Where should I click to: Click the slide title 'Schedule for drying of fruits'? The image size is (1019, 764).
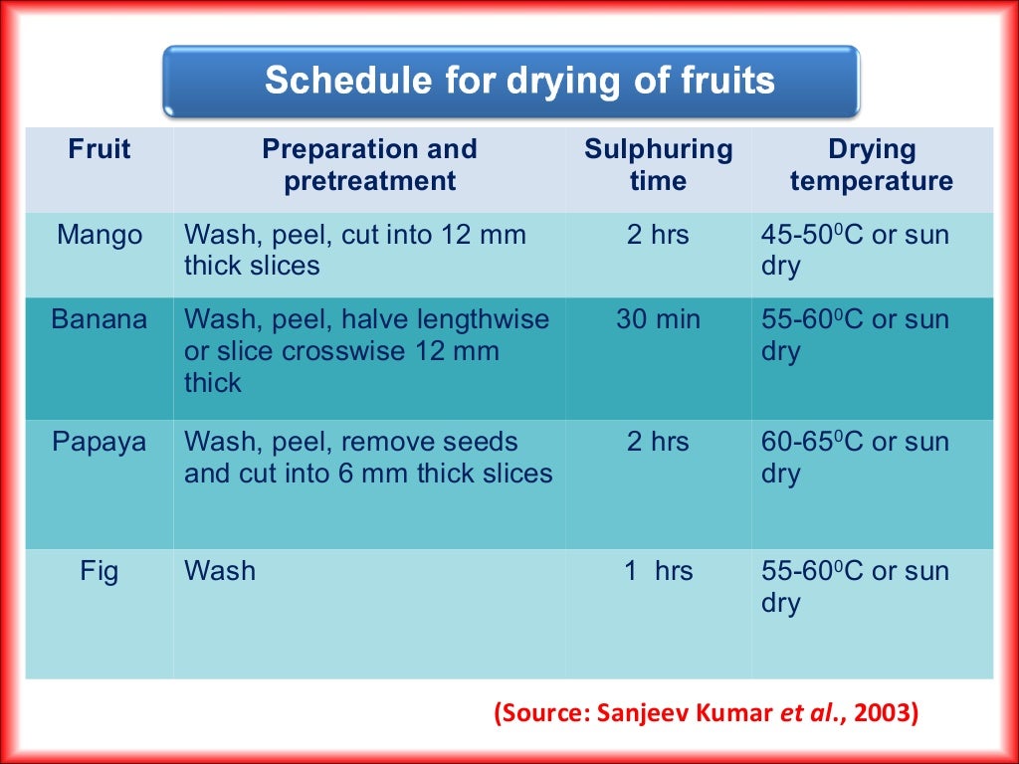(518, 82)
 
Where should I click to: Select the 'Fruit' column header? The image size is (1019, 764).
(100, 150)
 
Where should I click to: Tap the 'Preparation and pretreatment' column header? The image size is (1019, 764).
(369, 165)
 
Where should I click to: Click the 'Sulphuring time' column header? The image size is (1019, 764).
(658, 165)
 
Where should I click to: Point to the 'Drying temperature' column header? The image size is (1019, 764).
(871, 165)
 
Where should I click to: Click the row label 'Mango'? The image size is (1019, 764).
(100, 236)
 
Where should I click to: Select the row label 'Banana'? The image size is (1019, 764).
(100, 320)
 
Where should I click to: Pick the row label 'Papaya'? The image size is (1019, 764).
(100, 442)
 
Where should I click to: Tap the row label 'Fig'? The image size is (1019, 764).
(100, 572)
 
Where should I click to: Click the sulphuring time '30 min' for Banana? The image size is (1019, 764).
(658, 320)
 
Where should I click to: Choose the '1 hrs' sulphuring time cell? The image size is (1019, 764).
(658, 572)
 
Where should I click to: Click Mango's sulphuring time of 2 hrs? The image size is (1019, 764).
(658, 236)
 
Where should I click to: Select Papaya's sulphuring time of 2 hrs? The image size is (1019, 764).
(658, 442)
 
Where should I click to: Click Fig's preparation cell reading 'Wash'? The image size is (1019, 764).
(220, 572)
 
